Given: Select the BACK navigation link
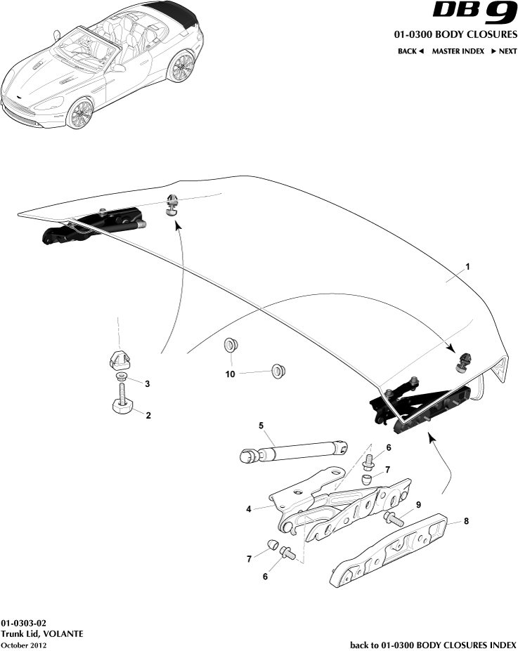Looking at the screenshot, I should click(410, 51).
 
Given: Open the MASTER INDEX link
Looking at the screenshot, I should click(458, 51).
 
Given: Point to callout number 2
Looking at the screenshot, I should click(148, 415).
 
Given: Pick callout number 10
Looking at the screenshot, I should click(230, 374).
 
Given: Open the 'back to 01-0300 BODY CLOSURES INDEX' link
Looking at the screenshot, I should click(433, 644).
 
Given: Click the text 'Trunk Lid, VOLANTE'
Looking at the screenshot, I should click(41, 633).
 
